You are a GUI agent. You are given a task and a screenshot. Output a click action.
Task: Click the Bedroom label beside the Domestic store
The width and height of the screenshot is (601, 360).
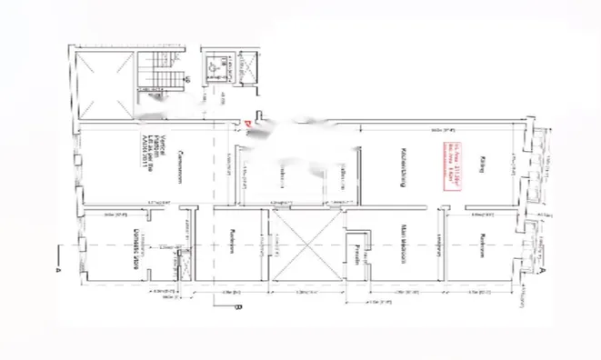tap(234, 244)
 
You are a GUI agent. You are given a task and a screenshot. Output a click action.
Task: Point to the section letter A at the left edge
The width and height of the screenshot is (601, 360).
tap(57, 270)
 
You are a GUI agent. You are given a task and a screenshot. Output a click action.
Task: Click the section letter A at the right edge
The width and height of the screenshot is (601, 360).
tap(543, 270)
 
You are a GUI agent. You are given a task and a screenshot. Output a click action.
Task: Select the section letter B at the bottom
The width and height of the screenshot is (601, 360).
tap(237, 309)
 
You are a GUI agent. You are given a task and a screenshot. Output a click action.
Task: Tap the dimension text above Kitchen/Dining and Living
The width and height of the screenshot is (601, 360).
tap(436, 121)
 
